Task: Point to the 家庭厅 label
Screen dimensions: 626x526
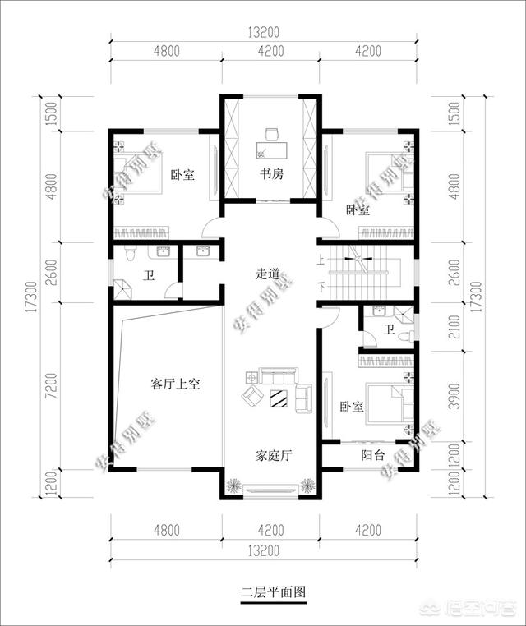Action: pyautogui.click(x=270, y=454)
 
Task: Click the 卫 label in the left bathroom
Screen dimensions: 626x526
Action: pyautogui.click(x=149, y=276)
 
